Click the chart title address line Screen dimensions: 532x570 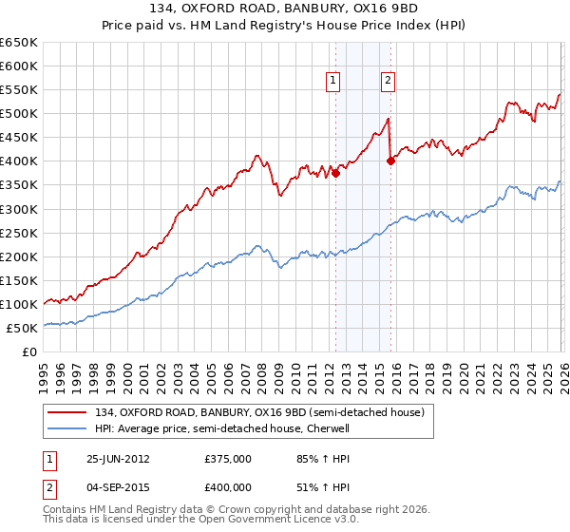point(285,9)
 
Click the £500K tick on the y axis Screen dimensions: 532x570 point(19,114)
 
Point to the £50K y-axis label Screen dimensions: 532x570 point(22,328)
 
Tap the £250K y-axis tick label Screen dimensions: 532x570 point(19,233)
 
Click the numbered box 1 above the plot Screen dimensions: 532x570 point(334,82)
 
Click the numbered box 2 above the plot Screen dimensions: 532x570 point(389,82)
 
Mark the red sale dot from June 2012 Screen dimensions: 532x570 point(335,173)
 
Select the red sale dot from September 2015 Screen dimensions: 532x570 point(389,161)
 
